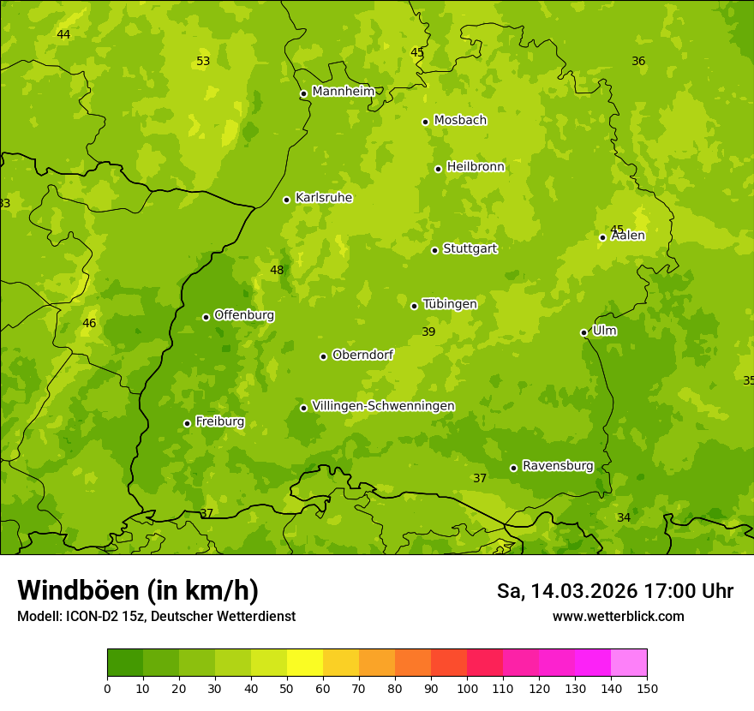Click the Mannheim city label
click(343, 92)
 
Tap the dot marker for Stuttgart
click(434, 250)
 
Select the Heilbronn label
click(476, 167)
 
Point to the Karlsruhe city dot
click(286, 200)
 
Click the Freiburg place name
click(219, 421)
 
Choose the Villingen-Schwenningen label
click(383, 406)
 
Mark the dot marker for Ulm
click(583, 332)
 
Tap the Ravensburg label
click(558, 466)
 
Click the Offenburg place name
click(244, 315)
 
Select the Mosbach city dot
click(425, 122)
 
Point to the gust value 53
click(203, 62)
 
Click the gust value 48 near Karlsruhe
click(277, 271)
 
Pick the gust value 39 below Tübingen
click(428, 332)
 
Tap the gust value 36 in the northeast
click(638, 62)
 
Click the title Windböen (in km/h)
click(138, 590)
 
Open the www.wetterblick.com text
click(618, 617)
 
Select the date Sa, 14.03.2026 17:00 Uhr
click(614, 591)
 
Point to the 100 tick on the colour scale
click(467, 688)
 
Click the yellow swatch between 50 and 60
click(305, 662)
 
